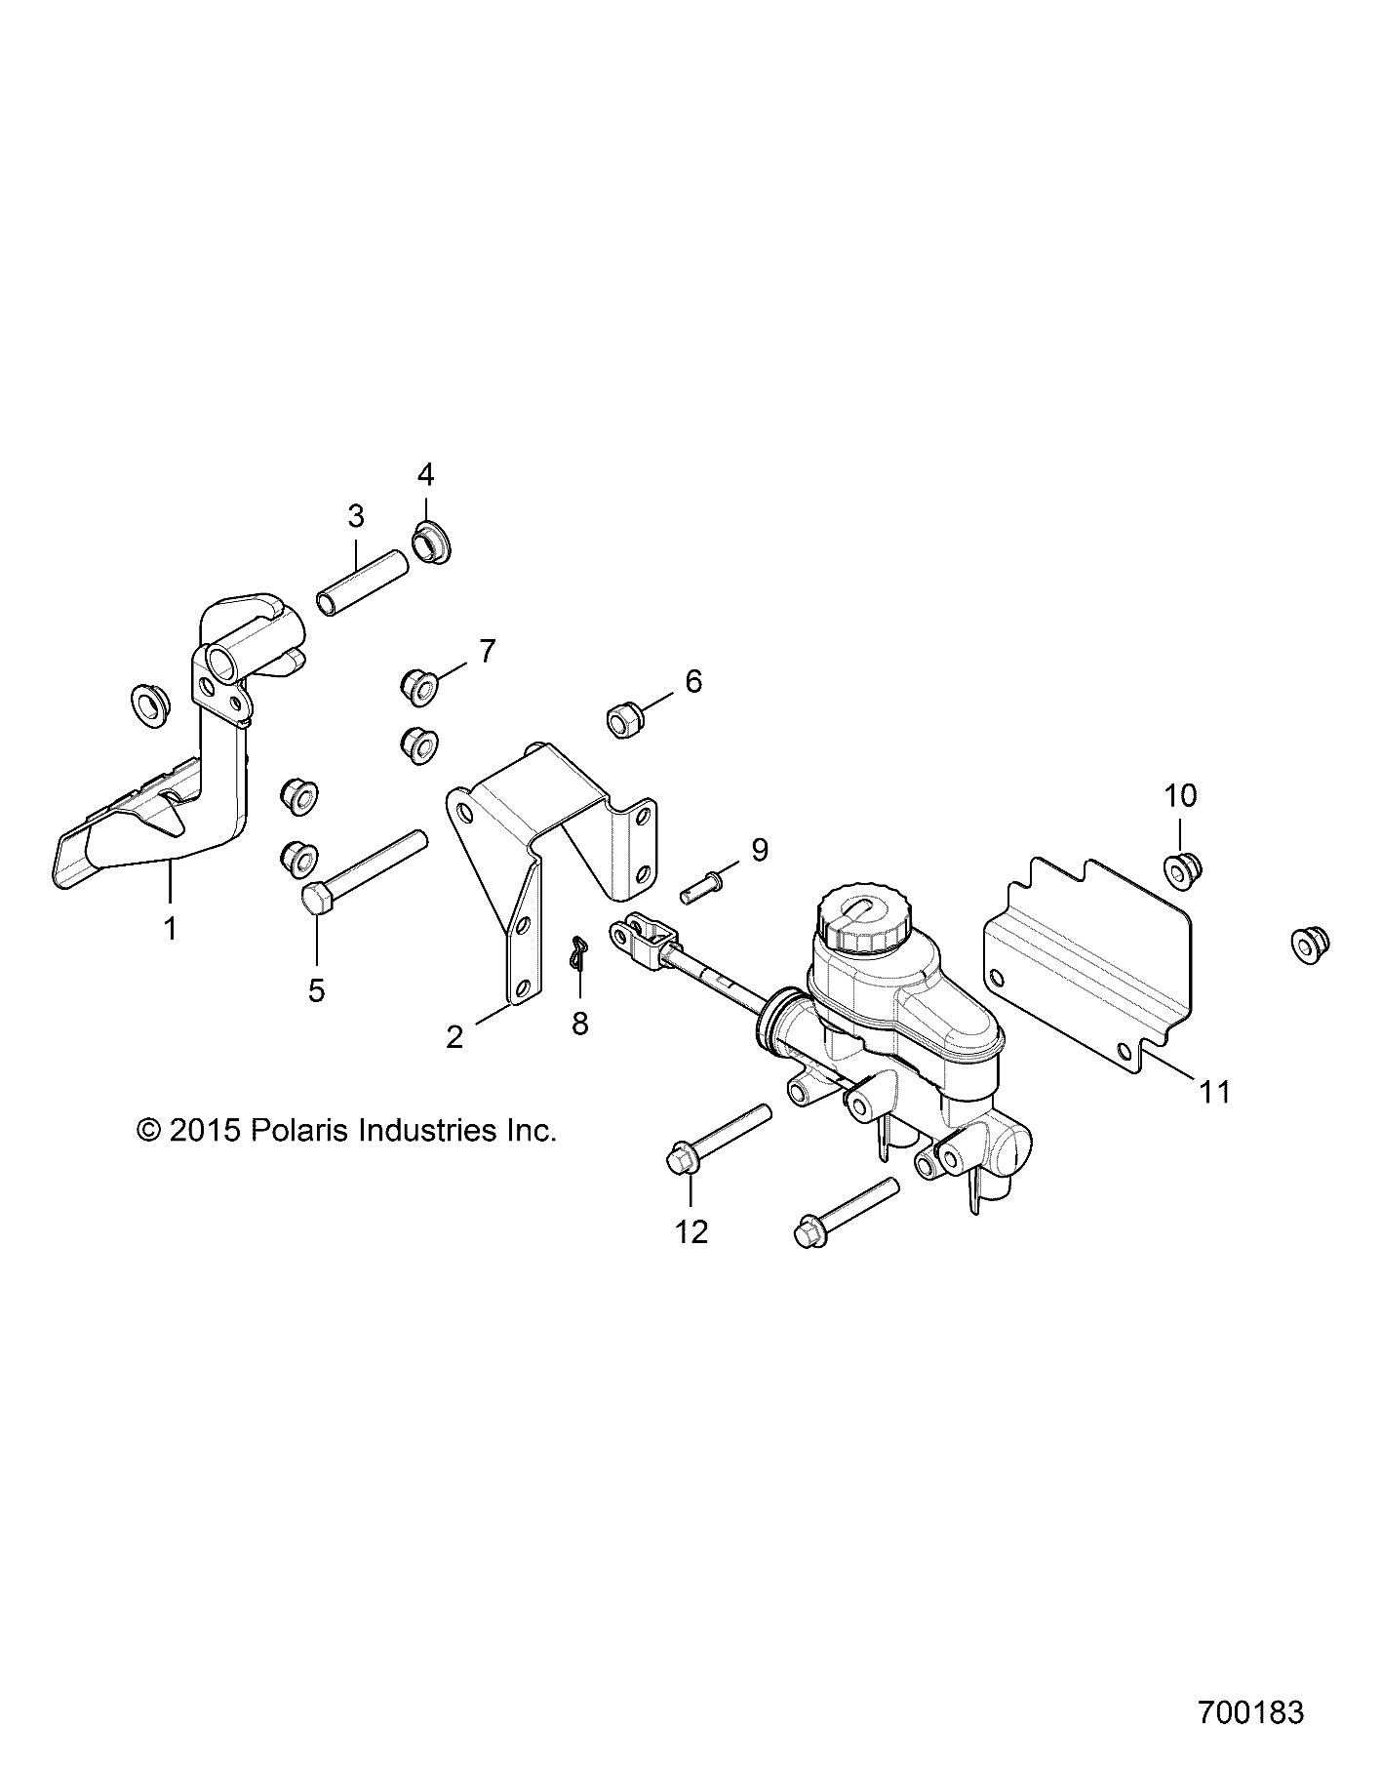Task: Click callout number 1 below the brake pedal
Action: [171, 928]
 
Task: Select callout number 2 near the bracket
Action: [454, 1036]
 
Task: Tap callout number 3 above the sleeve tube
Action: [355, 515]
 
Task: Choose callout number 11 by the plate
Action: [1215, 1091]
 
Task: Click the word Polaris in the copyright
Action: [302, 1131]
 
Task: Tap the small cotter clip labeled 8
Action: [581, 952]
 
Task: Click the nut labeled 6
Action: [621, 721]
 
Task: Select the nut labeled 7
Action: [418, 685]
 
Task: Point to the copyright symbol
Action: [148, 1131]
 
